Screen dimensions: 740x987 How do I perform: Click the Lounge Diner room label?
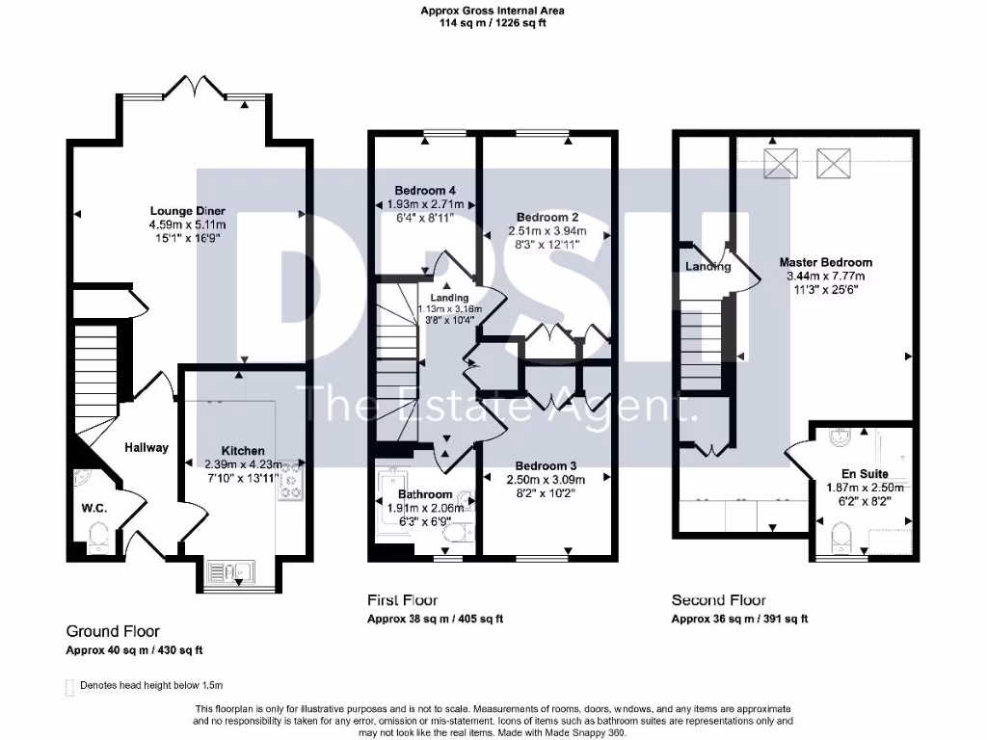click(188, 211)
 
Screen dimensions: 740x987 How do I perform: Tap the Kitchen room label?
click(243, 451)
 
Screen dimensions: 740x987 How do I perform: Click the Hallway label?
click(146, 447)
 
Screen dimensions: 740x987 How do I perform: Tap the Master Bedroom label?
click(826, 262)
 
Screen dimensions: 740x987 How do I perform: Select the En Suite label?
click(863, 474)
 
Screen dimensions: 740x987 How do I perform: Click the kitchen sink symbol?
click(231, 573)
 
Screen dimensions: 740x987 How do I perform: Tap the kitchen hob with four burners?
click(290, 483)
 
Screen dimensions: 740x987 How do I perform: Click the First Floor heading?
click(403, 600)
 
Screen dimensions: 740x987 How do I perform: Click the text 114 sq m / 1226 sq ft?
click(493, 23)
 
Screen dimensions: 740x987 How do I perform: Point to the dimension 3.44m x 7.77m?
click(826, 275)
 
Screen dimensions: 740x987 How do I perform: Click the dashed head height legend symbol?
click(67, 686)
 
